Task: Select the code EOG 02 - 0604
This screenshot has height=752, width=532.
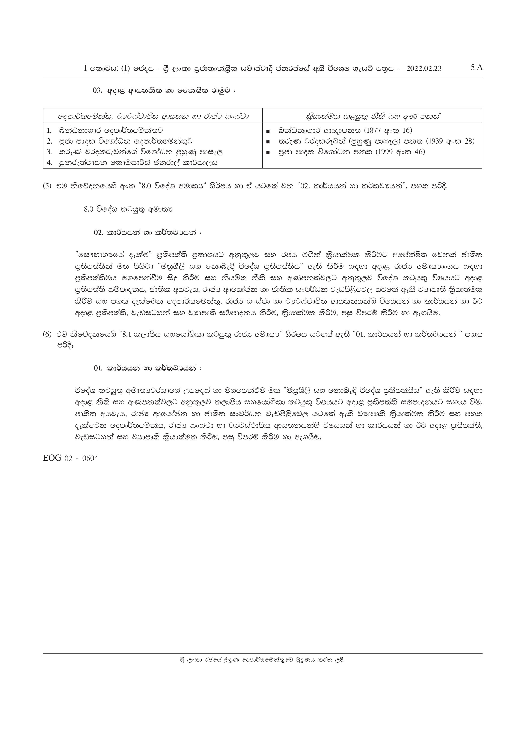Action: (70, 458)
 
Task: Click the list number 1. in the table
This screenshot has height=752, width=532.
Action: (50, 130)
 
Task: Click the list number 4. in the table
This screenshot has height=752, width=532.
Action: (50, 162)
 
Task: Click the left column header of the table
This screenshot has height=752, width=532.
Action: (153, 116)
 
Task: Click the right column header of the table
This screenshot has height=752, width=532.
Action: (372, 116)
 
